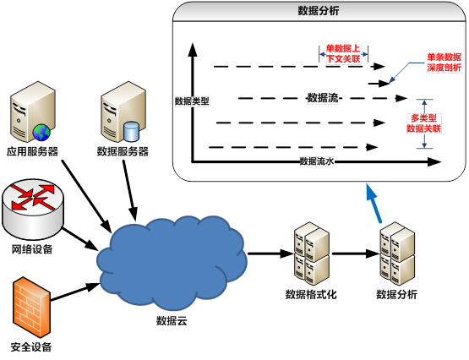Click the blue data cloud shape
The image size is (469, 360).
point(172,263)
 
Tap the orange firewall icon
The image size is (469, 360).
point(30,307)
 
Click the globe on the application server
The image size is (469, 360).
point(41,133)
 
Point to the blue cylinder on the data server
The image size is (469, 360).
point(132,131)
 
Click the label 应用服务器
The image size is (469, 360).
point(32,151)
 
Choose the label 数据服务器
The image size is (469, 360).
point(123,151)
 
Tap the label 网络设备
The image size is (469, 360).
point(32,248)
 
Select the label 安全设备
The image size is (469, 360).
point(31,347)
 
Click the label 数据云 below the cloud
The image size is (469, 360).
point(172,321)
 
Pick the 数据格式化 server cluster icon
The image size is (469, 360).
point(312,254)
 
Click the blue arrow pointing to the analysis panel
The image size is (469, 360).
point(374,204)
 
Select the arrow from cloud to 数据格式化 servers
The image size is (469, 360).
point(270,254)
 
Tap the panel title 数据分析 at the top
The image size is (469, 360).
point(319,11)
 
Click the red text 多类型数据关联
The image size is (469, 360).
point(424,123)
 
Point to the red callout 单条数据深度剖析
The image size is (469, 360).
point(444,63)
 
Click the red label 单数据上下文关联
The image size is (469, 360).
point(343,54)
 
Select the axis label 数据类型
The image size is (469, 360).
point(192,101)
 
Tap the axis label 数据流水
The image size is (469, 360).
point(317,161)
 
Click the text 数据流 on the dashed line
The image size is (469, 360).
point(323,98)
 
